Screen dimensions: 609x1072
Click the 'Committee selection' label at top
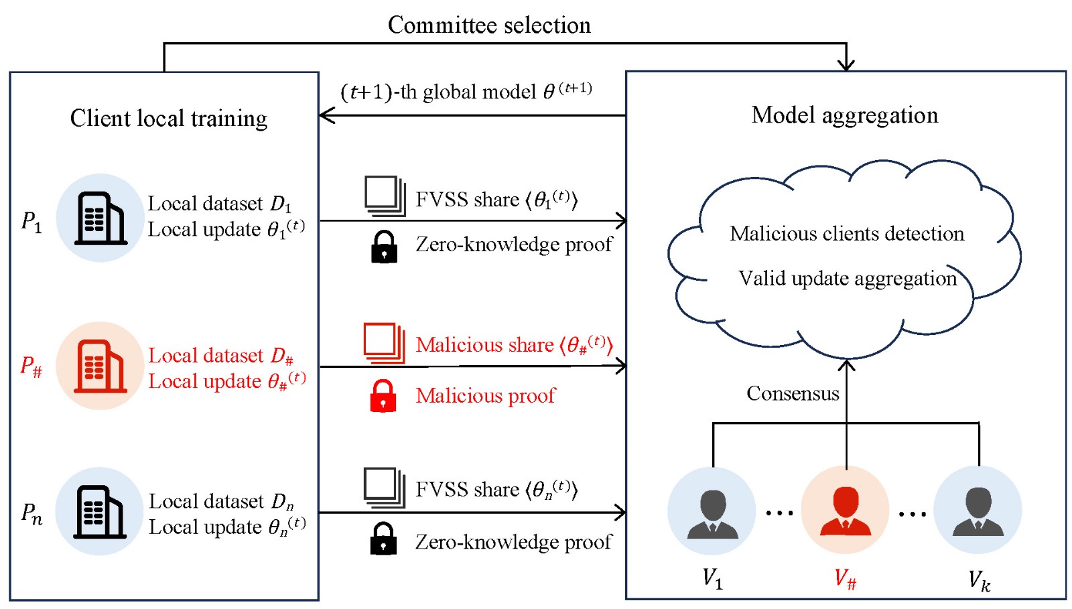tap(489, 25)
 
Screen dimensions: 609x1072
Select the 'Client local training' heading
tap(169, 119)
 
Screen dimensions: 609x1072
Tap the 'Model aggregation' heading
tap(845, 115)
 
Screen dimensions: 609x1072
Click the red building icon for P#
tap(100, 366)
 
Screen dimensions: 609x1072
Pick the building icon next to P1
tap(100, 218)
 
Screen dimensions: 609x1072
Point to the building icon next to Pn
tap(100, 512)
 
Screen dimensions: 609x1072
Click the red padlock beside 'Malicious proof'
tap(383, 396)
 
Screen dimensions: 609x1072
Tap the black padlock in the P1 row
tap(384, 247)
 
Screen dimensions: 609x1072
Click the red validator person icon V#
tap(846, 511)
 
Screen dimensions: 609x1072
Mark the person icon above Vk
tap(978, 511)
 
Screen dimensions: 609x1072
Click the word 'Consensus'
tap(793, 393)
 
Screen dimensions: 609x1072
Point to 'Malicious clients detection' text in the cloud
tap(847, 234)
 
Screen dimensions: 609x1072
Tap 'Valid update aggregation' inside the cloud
tap(848, 278)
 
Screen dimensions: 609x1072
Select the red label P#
tap(31, 366)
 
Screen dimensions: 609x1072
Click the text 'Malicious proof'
tap(486, 396)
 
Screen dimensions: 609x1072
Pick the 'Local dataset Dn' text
tap(221, 502)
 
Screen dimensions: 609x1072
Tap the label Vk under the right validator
tap(979, 580)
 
